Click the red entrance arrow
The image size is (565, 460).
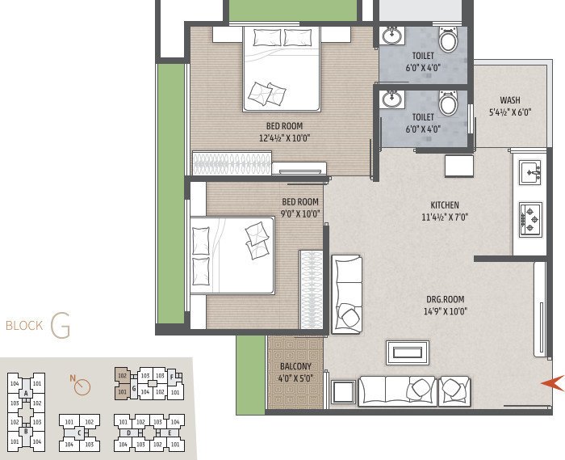tap(551, 382)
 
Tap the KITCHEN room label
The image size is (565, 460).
tap(445, 205)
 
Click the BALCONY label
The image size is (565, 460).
tap(295, 365)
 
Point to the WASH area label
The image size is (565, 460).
tap(509, 101)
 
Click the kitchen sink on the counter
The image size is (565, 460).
tap(530, 172)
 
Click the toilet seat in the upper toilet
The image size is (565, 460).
tap(448, 39)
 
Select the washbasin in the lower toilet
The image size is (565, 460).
tap(392, 100)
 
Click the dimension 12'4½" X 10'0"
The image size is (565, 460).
tap(285, 137)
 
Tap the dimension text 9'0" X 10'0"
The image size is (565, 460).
tap(299, 214)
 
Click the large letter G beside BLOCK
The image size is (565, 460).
tap(60, 326)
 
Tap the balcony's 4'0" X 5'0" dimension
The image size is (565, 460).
tap(295, 378)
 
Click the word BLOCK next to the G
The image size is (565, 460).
tap(23, 327)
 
